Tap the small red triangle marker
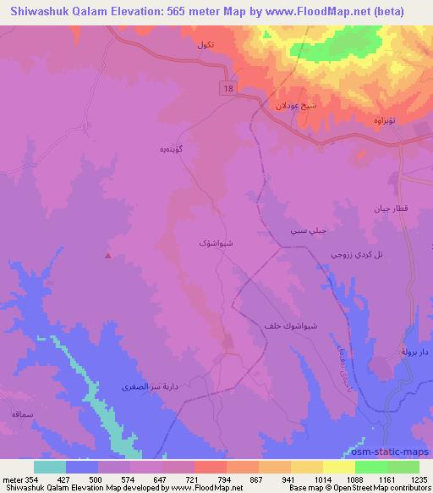tap(107, 255)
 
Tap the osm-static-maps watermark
tap(391, 453)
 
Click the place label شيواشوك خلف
tap(280, 325)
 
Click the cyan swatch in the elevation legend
tap(50, 466)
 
